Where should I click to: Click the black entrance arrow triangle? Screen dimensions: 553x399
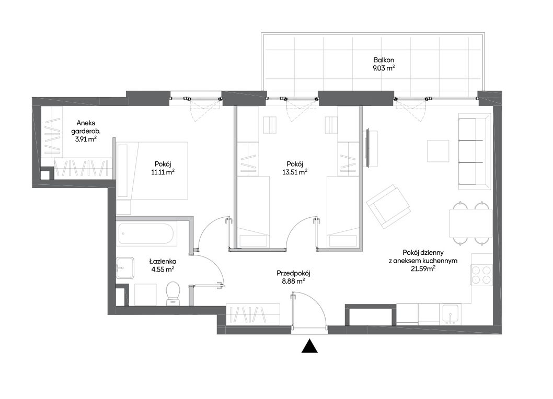[309, 346]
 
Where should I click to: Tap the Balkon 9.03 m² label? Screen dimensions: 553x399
[384, 64]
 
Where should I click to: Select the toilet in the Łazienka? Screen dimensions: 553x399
[173, 292]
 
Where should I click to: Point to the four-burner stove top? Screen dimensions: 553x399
[481, 275]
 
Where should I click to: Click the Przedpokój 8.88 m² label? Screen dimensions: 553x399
[293, 277]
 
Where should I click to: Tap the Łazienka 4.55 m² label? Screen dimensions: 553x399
[163, 265]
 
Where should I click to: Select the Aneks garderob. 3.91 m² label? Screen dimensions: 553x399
[86, 131]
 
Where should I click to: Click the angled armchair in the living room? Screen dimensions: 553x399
[388, 206]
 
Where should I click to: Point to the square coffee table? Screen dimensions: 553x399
[438, 151]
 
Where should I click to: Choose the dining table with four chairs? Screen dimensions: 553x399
[471, 223]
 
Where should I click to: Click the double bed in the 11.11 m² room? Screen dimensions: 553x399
[152, 171]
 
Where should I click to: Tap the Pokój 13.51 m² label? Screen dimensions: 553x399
[295, 168]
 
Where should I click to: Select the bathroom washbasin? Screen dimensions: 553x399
[125, 267]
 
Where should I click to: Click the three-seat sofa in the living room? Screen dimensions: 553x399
[475, 151]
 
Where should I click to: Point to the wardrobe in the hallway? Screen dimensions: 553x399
[253, 314]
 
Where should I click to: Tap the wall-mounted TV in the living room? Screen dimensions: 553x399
[368, 148]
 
